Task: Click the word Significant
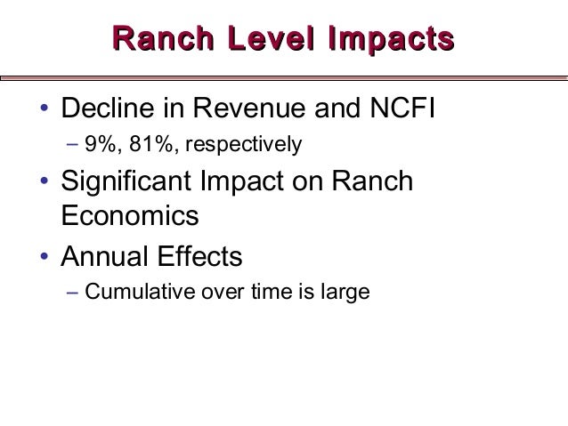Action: [x=128, y=183]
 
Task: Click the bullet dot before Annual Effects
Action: [x=42, y=259]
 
